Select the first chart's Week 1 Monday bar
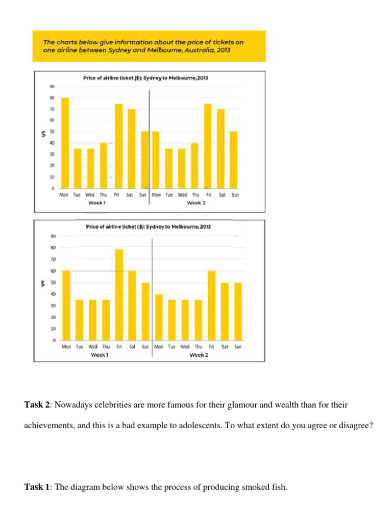tap(65, 143)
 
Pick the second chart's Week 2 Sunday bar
tap(238, 311)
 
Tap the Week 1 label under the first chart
tap(97, 203)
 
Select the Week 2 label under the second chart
tap(199, 355)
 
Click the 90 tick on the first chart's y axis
tap(52, 87)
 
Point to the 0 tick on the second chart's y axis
tap(54, 340)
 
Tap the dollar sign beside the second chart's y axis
tap(43, 284)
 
